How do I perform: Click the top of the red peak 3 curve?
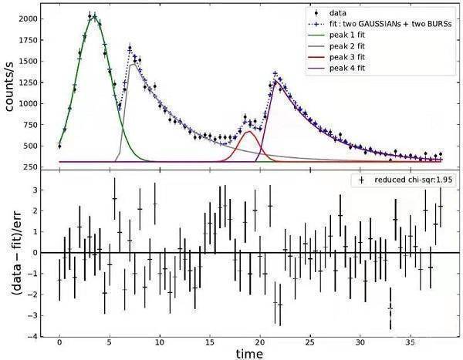pos(248,132)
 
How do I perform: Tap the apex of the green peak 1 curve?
pos(93,15)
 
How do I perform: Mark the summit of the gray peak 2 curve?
pos(134,65)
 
